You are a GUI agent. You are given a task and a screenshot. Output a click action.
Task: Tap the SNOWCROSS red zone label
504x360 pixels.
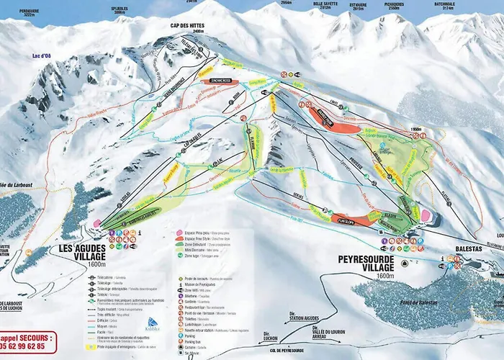(x=219, y=81)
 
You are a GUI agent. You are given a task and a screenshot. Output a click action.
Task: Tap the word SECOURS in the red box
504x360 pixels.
(x=33, y=337)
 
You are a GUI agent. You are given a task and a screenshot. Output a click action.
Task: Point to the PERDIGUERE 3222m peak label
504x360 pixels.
(x=29, y=12)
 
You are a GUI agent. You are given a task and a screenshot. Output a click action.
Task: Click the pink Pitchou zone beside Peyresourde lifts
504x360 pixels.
(x=426, y=215)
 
